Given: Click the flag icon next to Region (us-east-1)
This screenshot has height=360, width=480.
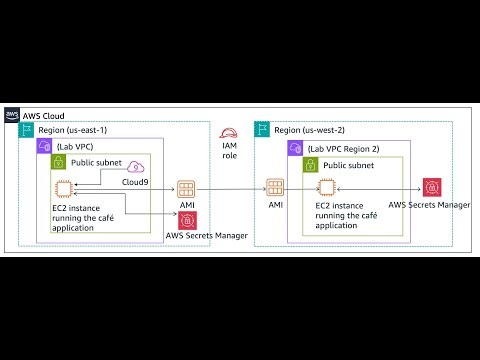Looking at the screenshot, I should [x=28, y=130].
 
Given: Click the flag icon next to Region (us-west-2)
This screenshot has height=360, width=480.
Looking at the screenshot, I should [x=262, y=130].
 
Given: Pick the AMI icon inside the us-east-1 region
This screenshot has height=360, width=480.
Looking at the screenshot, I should [x=188, y=188].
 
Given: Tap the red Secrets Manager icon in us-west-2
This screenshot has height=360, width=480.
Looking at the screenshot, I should [x=432, y=187].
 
